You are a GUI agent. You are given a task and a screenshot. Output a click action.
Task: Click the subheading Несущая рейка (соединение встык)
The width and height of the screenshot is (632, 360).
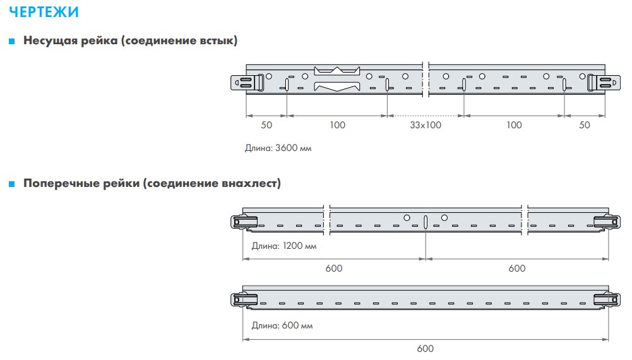click(x=131, y=41)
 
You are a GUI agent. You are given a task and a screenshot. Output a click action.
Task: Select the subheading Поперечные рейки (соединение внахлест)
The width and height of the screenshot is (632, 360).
click(x=152, y=184)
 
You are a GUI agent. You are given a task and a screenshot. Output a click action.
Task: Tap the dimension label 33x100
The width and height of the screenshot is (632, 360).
click(x=425, y=125)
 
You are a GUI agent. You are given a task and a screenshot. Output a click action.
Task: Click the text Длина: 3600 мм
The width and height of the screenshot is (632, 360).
click(x=278, y=148)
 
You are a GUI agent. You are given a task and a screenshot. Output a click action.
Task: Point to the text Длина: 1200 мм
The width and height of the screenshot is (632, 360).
click(x=283, y=246)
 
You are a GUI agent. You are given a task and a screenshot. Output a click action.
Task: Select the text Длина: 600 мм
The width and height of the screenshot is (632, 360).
click(x=282, y=326)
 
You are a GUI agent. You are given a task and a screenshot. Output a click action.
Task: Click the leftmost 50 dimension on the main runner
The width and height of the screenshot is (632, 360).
click(x=266, y=125)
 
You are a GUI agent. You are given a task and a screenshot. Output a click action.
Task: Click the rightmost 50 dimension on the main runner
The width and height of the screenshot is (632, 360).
click(x=585, y=125)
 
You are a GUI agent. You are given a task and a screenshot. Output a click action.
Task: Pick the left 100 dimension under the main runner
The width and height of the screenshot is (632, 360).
click(x=338, y=125)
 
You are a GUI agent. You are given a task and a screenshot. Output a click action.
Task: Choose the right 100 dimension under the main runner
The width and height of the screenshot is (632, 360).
click(x=515, y=125)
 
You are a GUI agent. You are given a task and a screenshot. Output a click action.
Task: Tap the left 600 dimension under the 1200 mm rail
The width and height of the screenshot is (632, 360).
click(x=334, y=268)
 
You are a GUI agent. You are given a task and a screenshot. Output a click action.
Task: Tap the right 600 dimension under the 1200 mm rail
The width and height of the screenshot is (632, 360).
click(x=516, y=268)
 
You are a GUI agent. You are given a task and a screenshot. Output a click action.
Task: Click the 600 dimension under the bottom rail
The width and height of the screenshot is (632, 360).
click(x=426, y=349)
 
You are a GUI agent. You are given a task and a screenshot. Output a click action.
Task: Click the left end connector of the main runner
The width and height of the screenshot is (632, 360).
click(x=249, y=82)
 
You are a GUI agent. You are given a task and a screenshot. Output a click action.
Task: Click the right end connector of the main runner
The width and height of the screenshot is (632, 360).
click(x=602, y=82)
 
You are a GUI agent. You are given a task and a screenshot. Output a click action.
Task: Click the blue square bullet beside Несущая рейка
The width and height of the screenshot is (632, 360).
click(x=11, y=42)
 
